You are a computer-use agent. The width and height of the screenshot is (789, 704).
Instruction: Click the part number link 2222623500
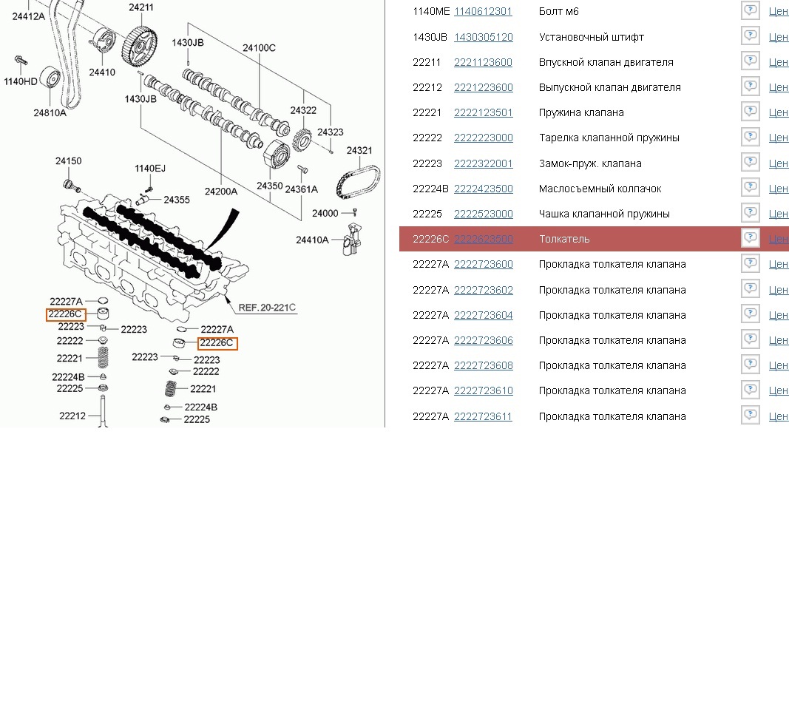point(483,239)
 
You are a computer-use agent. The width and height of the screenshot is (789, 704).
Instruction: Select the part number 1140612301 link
point(483,12)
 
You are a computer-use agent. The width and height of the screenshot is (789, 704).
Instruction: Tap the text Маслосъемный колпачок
point(600,189)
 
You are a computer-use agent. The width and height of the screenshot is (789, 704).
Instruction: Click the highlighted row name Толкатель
point(564,239)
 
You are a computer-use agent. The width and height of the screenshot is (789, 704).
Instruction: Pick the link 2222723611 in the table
point(483,416)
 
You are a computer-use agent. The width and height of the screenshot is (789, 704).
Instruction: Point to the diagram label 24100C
point(259,48)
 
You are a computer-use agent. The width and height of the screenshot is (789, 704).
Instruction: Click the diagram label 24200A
point(221,192)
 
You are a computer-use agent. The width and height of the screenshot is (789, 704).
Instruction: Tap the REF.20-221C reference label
point(267,308)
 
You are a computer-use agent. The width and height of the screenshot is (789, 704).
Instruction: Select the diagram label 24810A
point(50,112)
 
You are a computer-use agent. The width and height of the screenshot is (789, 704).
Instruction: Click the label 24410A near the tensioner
point(312,240)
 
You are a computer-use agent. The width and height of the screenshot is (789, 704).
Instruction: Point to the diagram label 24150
point(68,160)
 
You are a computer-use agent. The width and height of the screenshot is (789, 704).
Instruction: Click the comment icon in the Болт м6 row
point(750,11)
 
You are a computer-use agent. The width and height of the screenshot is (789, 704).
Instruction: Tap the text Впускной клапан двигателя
point(606,62)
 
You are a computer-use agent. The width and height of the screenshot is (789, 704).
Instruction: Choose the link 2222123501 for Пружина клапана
point(483,112)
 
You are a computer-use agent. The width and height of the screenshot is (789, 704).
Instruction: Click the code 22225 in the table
point(427,214)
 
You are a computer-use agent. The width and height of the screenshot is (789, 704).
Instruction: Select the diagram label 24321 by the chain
point(359,151)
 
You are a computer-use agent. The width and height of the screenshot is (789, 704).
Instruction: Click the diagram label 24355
point(177,200)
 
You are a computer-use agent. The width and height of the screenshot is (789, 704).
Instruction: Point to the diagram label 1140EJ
point(150,169)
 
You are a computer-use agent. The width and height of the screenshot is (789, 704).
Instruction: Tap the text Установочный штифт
point(591,37)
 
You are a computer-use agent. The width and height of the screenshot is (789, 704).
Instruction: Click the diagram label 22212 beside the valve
point(72,416)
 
